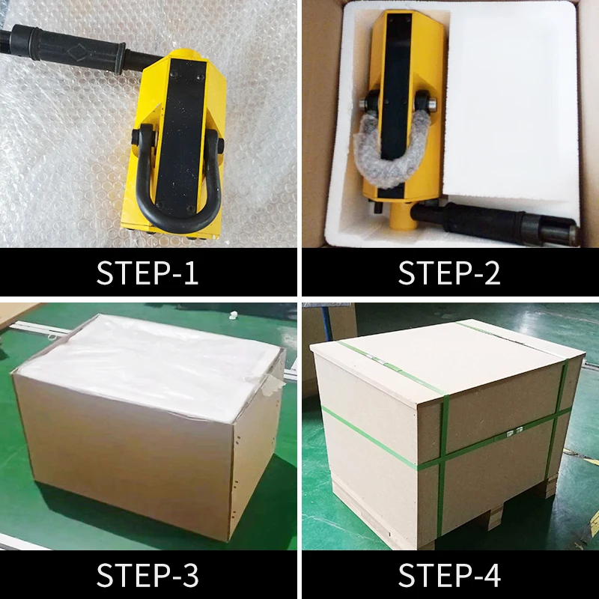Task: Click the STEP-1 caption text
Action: pyautogui.click(x=148, y=273)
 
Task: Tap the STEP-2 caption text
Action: pyautogui.click(x=449, y=273)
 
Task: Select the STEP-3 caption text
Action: pyautogui.click(x=148, y=576)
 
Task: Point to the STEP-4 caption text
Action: pyautogui.click(x=449, y=576)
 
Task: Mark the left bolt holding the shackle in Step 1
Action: pyautogui.click(x=140, y=139)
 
